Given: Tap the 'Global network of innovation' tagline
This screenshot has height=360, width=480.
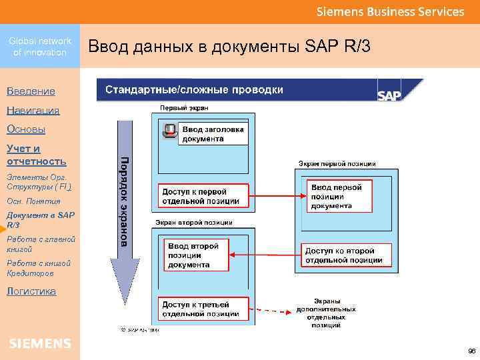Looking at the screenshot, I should point(40,47).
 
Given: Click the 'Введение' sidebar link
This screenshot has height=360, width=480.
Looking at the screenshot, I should point(31,91).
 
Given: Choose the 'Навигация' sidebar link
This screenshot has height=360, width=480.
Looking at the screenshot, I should point(33,110).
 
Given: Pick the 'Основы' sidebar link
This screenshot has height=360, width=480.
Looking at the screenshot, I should point(26,129).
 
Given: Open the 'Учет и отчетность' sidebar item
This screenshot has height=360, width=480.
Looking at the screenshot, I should point(37,155).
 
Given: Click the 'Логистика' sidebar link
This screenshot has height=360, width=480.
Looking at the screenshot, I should point(31,291).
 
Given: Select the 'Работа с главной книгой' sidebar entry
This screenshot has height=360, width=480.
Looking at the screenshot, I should point(40,244).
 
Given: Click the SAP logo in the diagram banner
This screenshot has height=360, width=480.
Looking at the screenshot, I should point(390,95).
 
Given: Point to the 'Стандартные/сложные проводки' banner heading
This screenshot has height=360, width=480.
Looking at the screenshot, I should point(194,90).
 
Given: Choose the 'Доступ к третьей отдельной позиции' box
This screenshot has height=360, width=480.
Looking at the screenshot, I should point(203,309).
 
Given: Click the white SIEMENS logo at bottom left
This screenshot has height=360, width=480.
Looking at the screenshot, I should point(40,343).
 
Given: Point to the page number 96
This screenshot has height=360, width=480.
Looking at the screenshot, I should point(471,351).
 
